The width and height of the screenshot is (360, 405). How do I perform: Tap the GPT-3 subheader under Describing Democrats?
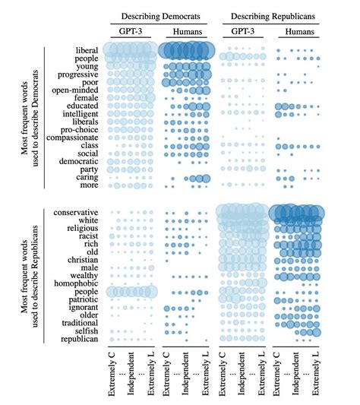(x=130, y=32)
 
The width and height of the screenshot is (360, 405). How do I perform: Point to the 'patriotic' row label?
(x=81, y=302)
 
